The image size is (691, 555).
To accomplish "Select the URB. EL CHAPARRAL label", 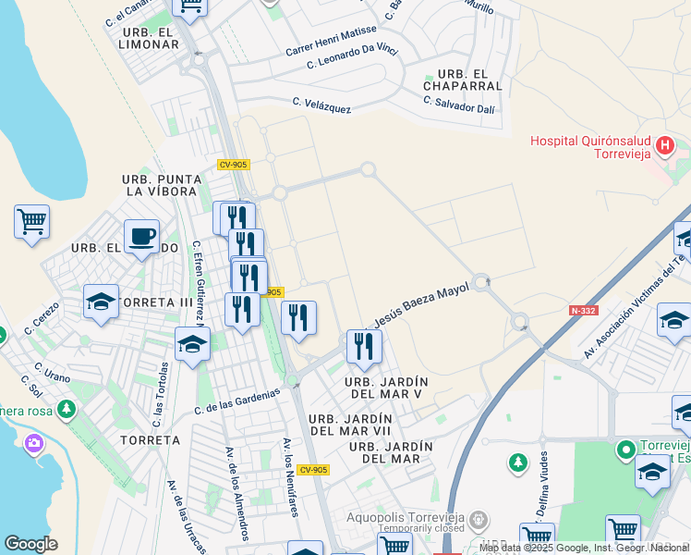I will click(x=450, y=80).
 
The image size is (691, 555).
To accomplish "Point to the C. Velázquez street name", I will click(x=321, y=105).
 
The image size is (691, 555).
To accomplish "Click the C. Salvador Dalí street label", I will click(x=459, y=107).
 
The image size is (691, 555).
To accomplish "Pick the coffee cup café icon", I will click(x=141, y=238).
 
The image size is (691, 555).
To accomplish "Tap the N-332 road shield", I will click(x=582, y=311).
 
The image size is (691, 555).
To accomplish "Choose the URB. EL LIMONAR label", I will click(x=149, y=38).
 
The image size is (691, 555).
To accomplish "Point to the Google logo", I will click(x=30, y=544).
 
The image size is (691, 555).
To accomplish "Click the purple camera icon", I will click(x=34, y=443).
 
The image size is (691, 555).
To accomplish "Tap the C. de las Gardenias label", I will click(x=236, y=401).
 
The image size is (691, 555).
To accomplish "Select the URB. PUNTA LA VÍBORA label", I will click(x=160, y=185).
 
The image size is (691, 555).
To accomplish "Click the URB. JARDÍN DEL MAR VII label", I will click(x=350, y=425).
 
